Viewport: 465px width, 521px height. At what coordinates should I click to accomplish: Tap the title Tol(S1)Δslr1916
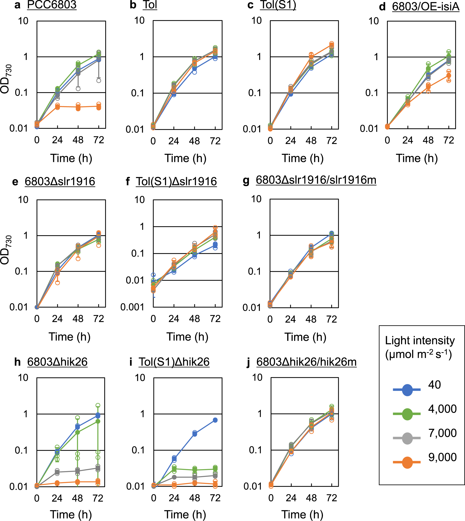176,182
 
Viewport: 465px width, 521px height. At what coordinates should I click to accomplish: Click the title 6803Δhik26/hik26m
306,362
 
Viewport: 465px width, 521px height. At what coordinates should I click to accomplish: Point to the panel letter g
246,181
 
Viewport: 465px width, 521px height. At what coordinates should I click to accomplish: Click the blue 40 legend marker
407,390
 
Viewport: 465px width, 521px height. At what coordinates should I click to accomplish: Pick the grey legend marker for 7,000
407,438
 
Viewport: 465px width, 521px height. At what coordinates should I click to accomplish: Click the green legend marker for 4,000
407,414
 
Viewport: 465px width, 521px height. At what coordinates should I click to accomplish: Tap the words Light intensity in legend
420,341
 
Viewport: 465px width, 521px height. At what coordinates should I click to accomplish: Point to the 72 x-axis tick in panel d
449,140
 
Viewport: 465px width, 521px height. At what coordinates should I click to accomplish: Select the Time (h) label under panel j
302,514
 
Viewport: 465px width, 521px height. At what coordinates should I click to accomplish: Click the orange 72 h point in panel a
99,107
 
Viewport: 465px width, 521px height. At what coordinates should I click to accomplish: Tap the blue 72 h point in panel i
215,420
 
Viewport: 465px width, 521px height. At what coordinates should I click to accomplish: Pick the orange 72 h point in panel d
449,76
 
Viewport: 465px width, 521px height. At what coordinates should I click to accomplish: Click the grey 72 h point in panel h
98,468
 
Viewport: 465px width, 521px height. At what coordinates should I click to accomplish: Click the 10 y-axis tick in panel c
256,20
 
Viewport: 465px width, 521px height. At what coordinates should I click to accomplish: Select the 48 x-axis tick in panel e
78,319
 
